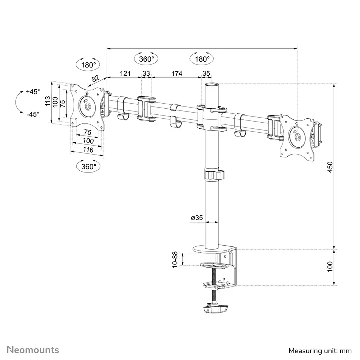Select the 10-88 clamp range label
pos(175,259)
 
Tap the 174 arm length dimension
pos(177,74)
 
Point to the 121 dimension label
pos(124,74)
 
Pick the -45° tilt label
pos(33,114)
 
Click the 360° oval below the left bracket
pos(89,166)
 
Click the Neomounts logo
pos(33,350)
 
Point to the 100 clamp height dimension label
pos(330,267)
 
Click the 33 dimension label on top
pos(146,74)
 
